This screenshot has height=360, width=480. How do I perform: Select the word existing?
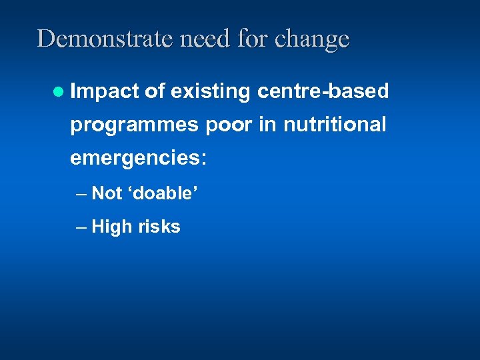210,92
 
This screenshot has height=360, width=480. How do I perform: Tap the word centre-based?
322,91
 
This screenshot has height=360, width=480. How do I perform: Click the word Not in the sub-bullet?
107,194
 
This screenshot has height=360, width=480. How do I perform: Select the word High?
112,227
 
